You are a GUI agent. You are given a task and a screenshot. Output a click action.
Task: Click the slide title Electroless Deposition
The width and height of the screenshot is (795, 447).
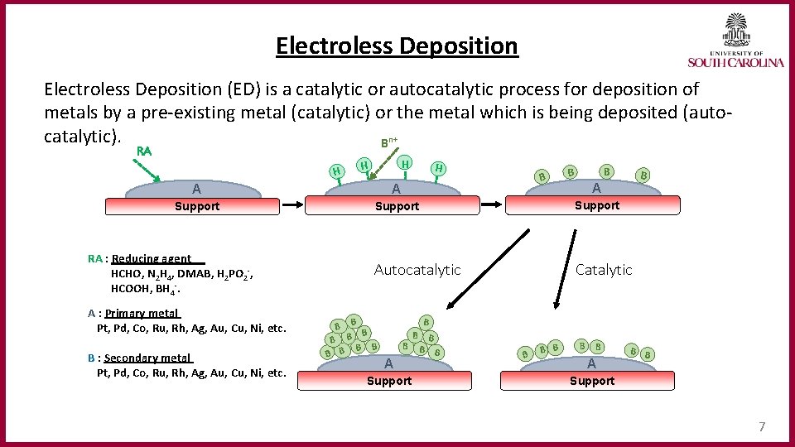[397, 46]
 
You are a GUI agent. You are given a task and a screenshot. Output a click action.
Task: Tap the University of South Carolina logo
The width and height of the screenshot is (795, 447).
[735, 41]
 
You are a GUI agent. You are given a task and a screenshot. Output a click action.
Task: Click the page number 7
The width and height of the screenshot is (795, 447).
[762, 427]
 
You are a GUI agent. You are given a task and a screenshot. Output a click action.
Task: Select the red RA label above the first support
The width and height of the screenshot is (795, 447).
[144, 151]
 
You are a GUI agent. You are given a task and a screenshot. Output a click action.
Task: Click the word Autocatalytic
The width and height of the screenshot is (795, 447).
[417, 270]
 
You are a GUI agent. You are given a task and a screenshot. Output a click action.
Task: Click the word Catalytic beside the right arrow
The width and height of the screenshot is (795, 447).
[604, 270]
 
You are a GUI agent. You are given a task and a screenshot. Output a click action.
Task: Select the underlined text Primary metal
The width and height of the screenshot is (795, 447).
[142, 314]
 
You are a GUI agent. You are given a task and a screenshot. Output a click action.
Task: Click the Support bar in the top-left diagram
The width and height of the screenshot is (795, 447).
[197, 206]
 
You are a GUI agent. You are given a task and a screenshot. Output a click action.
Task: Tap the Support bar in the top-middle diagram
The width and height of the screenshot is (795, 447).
[397, 206]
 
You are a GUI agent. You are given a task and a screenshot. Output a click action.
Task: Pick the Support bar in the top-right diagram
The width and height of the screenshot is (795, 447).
[597, 205]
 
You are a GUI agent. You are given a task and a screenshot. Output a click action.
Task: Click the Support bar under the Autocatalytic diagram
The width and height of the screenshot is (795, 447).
[388, 381]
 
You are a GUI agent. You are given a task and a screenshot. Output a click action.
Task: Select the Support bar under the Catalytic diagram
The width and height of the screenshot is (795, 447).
[591, 381]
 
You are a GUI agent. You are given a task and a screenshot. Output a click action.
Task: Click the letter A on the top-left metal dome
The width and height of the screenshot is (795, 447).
[195, 189]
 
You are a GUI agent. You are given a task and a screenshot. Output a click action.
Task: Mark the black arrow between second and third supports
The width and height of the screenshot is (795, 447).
[493, 201]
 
